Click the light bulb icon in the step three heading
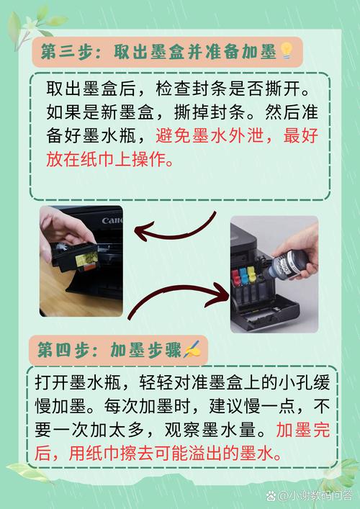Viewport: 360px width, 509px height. pyautogui.click(x=286, y=51)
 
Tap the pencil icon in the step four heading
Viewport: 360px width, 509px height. pyautogui.click(x=193, y=350)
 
